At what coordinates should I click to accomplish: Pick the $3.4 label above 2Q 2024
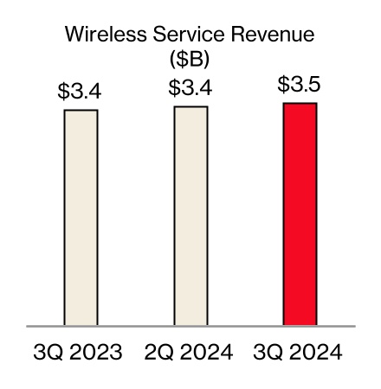click(x=190, y=87)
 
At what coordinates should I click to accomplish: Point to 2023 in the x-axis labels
click(x=95, y=354)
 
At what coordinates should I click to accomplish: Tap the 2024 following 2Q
click(x=205, y=354)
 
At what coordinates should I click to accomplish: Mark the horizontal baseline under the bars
click(x=190, y=327)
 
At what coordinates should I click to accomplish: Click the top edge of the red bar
click(x=300, y=103)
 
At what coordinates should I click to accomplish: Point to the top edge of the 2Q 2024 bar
click(x=190, y=106)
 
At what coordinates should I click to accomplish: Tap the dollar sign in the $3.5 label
click(x=283, y=85)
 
